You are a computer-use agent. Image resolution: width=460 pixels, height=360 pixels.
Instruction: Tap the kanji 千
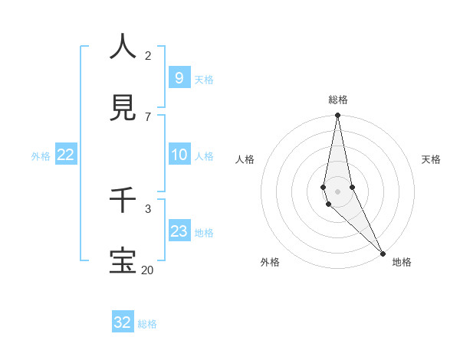(123, 200)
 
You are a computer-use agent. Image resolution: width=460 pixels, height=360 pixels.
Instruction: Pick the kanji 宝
(123, 260)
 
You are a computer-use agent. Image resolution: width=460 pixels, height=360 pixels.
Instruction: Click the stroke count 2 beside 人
(148, 56)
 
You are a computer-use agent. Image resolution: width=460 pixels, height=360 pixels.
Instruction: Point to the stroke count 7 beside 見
(148, 116)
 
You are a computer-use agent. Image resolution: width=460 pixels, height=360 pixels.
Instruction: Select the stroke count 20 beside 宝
(147, 270)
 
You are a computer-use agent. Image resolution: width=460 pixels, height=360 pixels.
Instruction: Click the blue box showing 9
(179, 78)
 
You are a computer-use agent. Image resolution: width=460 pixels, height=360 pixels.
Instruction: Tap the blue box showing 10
(179, 155)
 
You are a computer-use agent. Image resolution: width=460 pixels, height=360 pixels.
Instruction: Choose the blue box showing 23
(179, 231)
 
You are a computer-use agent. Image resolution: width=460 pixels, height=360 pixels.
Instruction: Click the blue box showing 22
(66, 155)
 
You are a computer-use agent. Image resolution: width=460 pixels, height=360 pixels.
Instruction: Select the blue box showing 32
(123, 322)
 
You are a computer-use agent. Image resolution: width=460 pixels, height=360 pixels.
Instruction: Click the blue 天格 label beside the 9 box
(204, 79)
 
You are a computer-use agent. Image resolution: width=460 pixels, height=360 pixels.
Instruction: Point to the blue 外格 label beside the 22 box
(41, 155)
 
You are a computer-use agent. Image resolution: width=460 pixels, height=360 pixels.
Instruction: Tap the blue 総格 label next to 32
(147, 323)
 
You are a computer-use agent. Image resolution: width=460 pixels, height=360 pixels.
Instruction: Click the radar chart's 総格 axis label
(338, 100)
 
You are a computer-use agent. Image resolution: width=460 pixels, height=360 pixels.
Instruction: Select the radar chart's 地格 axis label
(402, 263)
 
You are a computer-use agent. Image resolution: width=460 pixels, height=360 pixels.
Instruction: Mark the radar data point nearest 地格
(383, 253)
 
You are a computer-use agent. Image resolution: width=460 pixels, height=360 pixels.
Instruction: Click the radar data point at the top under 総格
(337, 116)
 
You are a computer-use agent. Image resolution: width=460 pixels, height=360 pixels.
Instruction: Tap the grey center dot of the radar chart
(337, 191)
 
